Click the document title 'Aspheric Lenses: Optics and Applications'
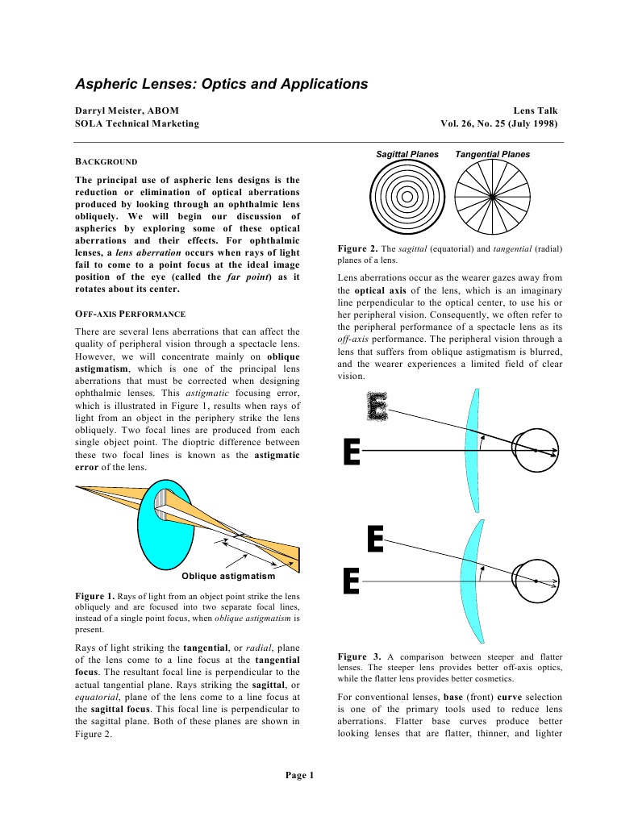pos(221,84)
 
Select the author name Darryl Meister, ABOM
pos(127,110)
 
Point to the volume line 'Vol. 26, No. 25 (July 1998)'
pos(498,123)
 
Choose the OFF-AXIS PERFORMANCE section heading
pos(130,313)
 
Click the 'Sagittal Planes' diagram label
pos(407,154)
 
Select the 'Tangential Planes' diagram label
pos(492,154)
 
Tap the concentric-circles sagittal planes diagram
pos(407,196)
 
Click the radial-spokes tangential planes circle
pos(492,196)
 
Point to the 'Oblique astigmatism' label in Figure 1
pos(228,576)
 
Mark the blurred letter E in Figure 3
pos(377,406)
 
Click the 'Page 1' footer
pos(299,775)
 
